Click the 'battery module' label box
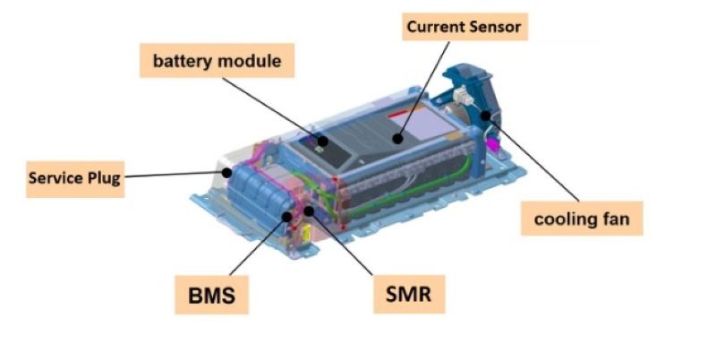(x=217, y=62)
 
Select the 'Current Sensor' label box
(x=462, y=27)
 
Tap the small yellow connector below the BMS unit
(x=307, y=235)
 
